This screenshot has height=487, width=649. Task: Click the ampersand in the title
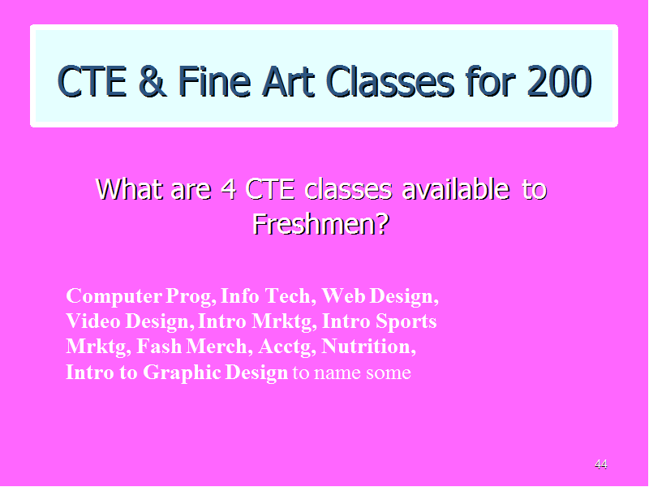pos(153,82)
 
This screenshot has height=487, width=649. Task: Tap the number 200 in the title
pos(559,82)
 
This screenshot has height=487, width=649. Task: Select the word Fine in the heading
pos(214,82)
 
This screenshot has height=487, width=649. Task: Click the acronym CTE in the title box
pos(92,82)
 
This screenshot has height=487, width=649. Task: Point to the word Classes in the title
pos(390,82)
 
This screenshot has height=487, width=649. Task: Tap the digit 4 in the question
pos(229,189)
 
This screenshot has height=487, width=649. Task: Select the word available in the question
pos(456,189)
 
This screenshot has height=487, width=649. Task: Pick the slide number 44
pos(600,464)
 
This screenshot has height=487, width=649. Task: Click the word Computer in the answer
pos(114,296)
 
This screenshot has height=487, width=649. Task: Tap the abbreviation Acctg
pos(285,347)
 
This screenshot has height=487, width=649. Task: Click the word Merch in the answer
pos(217,347)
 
